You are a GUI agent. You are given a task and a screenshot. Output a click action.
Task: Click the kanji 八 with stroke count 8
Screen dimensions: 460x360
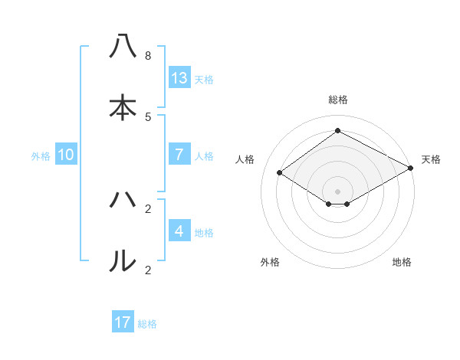(x=123, y=47)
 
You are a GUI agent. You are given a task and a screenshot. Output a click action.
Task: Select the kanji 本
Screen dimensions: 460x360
(x=123, y=108)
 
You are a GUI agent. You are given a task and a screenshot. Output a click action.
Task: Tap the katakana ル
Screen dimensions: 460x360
(x=123, y=260)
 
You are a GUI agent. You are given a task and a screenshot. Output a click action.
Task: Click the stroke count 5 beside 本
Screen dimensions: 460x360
(x=148, y=116)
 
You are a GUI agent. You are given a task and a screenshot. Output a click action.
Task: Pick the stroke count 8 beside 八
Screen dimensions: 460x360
(x=148, y=56)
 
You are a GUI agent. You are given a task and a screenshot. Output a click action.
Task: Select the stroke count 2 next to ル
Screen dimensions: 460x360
(x=148, y=270)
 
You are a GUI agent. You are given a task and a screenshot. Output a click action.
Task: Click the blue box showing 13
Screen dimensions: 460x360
(x=179, y=77)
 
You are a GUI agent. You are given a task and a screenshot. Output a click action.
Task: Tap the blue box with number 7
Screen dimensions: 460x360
(x=179, y=154)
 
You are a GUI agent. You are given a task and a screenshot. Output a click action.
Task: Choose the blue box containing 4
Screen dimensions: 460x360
(x=179, y=231)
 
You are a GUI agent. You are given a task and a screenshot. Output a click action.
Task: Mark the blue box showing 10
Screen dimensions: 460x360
(x=66, y=154)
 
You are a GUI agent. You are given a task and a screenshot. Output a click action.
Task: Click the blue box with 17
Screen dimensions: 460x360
(x=123, y=322)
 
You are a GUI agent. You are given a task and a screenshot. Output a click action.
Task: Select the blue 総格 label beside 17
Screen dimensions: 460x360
(x=147, y=324)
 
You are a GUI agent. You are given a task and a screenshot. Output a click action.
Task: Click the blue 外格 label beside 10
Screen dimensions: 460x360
(x=41, y=156)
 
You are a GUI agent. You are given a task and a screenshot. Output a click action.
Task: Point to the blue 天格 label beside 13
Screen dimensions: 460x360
(x=204, y=80)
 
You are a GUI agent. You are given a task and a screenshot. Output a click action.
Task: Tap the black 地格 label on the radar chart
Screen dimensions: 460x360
(x=402, y=262)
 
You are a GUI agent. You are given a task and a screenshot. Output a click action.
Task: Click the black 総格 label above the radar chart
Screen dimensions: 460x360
(x=338, y=100)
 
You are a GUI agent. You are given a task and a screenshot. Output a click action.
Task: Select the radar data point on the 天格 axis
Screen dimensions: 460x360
(x=410, y=169)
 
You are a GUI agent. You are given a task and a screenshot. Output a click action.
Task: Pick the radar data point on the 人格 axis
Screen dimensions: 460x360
(x=280, y=173)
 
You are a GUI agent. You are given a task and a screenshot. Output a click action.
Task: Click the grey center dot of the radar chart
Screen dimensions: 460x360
(x=338, y=191)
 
